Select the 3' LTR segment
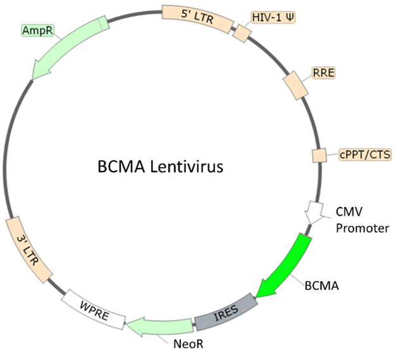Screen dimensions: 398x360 pyautogui.click(x=29, y=249)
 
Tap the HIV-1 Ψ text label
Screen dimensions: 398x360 pyautogui.click(x=273, y=18)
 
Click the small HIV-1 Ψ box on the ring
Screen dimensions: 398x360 pyautogui.click(x=242, y=34)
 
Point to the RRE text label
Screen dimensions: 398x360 pyautogui.click(x=323, y=73)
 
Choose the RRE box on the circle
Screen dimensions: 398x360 pyautogui.click(x=295, y=85)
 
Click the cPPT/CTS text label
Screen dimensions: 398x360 pyautogui.click(x=365, y=154)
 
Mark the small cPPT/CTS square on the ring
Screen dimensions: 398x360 pyautogui.click(x=319, y=156)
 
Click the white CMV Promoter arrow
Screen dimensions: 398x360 pyautogui.click(x=314, y=213)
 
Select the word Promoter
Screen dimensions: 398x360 pyautogui.click(x=362, y=228)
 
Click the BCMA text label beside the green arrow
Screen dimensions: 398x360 pyautogui.click(x=321, y=286)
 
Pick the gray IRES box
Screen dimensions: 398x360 pyautogui.click(x=226, y=312)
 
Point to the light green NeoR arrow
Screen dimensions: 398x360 pyautogui.click(x=159, y=326)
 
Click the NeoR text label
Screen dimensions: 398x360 pyautogui.click(x=189, y=344)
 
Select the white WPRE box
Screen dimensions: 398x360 pyautogui.click(x=94, y=309)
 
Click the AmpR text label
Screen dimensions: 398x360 pyautogui.click(x=37, y=30)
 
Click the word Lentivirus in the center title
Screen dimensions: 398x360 pyautogui.click(x=187, y=167)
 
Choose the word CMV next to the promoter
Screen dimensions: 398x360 pyautogui.click(x=349, y=212)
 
